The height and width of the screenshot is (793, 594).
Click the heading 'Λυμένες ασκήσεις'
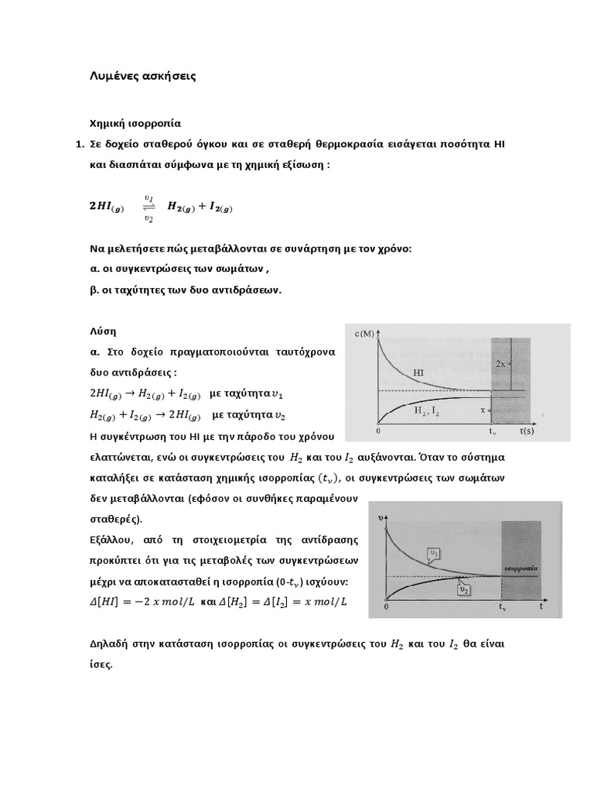143,76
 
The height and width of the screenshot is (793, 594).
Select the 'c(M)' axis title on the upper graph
364,334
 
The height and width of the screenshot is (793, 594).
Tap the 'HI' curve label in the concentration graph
418,372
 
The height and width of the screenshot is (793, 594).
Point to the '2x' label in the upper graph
501,363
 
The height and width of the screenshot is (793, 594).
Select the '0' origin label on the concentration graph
378,430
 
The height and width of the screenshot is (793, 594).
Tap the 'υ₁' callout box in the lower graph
435,553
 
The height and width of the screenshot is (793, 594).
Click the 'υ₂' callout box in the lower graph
464,590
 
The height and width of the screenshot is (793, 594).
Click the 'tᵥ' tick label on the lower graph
502,608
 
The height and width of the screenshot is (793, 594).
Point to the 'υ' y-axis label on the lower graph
380,516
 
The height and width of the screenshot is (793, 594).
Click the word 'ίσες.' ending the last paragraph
102,664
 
